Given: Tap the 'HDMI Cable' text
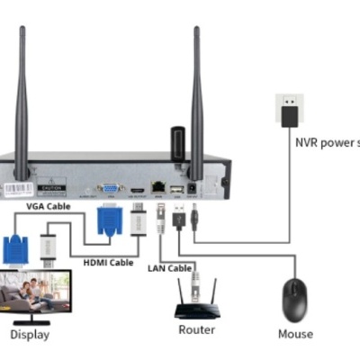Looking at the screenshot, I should (107, 262).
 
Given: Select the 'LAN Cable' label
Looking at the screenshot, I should (170, 268).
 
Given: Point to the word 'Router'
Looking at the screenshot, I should (196, 329).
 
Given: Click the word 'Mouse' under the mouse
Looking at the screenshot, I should (295, 333).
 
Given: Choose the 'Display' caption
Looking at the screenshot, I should (30, 335).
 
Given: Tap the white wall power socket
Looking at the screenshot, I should (290, 108).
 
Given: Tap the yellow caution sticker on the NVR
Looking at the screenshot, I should (49, 189).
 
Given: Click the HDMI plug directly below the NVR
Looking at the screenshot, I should (138, 220).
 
